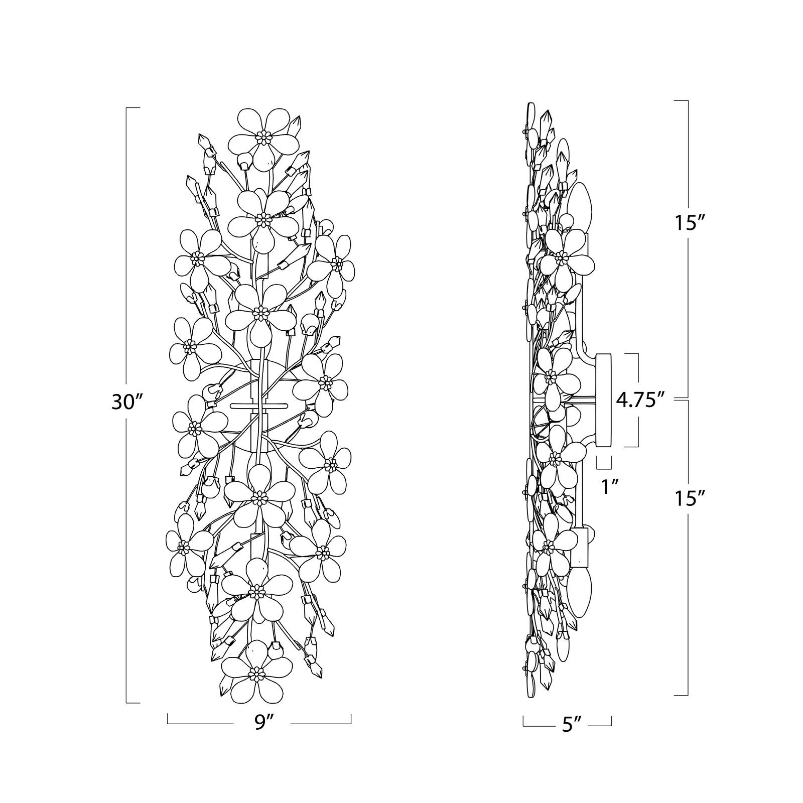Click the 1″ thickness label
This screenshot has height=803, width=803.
tap(609, 486)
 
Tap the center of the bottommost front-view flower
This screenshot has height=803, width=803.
tap(256, 671)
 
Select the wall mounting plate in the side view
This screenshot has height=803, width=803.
tap(604, 400)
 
